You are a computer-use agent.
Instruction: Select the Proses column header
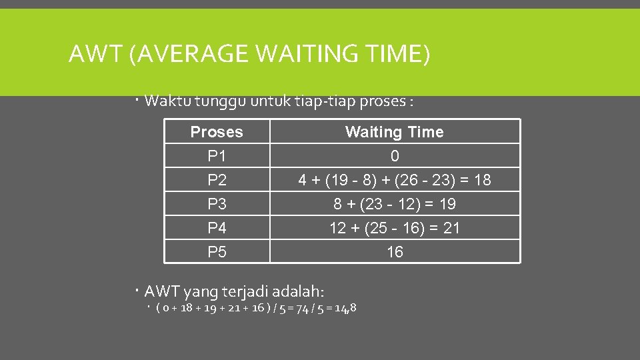(x=217, y=132)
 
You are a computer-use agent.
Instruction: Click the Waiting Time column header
(x=394, y=132)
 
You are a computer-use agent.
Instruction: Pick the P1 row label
(x=217, y=156)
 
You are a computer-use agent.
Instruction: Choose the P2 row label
(x=217, y=180)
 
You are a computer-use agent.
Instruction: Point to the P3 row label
(x=217, y=204)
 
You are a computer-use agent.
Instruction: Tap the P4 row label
(x=217, y=228)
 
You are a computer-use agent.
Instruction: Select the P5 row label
(x=217, y=252)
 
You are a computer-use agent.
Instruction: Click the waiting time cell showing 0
(x=395, y=156)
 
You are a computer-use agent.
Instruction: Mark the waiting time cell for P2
(x=395, y=180)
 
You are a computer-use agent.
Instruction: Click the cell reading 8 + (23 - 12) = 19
(x=395, y=204)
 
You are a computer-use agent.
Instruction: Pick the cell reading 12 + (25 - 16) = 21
(x=395, y=228)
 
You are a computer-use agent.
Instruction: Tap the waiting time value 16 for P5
(x=395, y=252)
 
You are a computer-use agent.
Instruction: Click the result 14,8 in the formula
(x=345, y=307)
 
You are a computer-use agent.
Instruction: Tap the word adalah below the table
(x=300, y=291)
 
